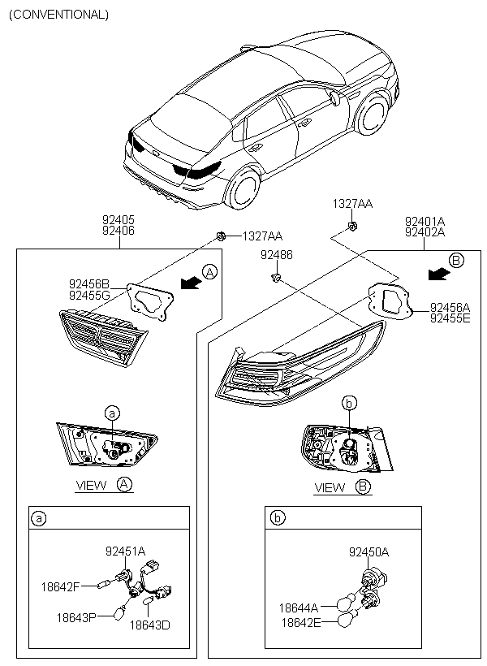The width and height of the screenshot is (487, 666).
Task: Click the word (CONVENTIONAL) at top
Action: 58,14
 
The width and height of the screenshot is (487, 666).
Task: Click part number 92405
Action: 119,219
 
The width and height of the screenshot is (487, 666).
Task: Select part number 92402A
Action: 425,231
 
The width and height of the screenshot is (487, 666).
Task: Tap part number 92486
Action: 276,255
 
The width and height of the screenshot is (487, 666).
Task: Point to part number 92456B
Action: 89,284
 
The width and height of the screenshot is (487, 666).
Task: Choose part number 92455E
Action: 450,318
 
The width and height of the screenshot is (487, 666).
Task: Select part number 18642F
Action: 61,585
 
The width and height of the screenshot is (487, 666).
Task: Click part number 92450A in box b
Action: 369,551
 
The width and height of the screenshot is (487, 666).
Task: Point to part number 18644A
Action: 300,607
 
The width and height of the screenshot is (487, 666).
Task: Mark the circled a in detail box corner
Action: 38,517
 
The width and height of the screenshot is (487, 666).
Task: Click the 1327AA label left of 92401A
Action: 352,203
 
